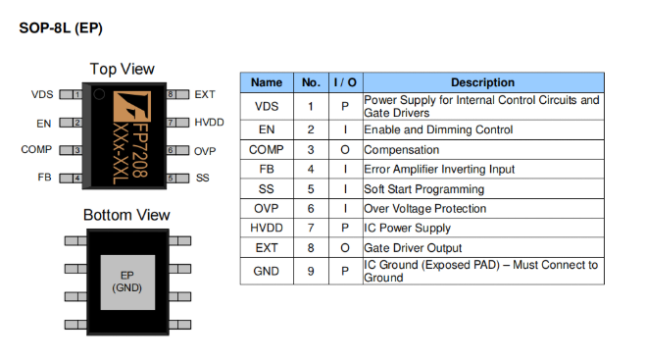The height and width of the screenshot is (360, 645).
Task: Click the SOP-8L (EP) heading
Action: point(61,28)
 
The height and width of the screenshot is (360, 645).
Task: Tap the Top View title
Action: point(123,69)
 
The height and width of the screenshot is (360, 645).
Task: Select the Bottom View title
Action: point(126,215)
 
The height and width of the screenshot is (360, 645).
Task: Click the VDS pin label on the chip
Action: point(42,94)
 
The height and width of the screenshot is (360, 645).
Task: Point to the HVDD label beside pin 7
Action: point(209,123)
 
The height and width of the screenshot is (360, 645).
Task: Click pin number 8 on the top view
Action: point(171,94)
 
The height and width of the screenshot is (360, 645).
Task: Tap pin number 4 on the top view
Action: point(76,179)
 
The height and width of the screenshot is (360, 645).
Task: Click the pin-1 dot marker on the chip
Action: point(99,94)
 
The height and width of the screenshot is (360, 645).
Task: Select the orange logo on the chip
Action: point(131,106)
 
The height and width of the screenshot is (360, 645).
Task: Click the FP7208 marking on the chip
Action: point(140,150)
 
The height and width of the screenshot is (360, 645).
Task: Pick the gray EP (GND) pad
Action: point(128,283)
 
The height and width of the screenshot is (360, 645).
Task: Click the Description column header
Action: point(482,82)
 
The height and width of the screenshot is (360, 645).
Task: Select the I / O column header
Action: point(345,82)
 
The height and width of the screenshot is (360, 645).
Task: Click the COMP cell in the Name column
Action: point(267,150)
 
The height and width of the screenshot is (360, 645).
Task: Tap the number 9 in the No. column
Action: point(311,271)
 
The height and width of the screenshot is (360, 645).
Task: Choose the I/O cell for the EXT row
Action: point(345,248)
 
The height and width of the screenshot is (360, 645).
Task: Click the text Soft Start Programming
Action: point(424,189)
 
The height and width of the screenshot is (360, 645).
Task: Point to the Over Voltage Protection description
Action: point(424,209)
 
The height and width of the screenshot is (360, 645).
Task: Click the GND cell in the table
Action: point(267,271)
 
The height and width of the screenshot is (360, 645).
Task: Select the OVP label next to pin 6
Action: point(205,151)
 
